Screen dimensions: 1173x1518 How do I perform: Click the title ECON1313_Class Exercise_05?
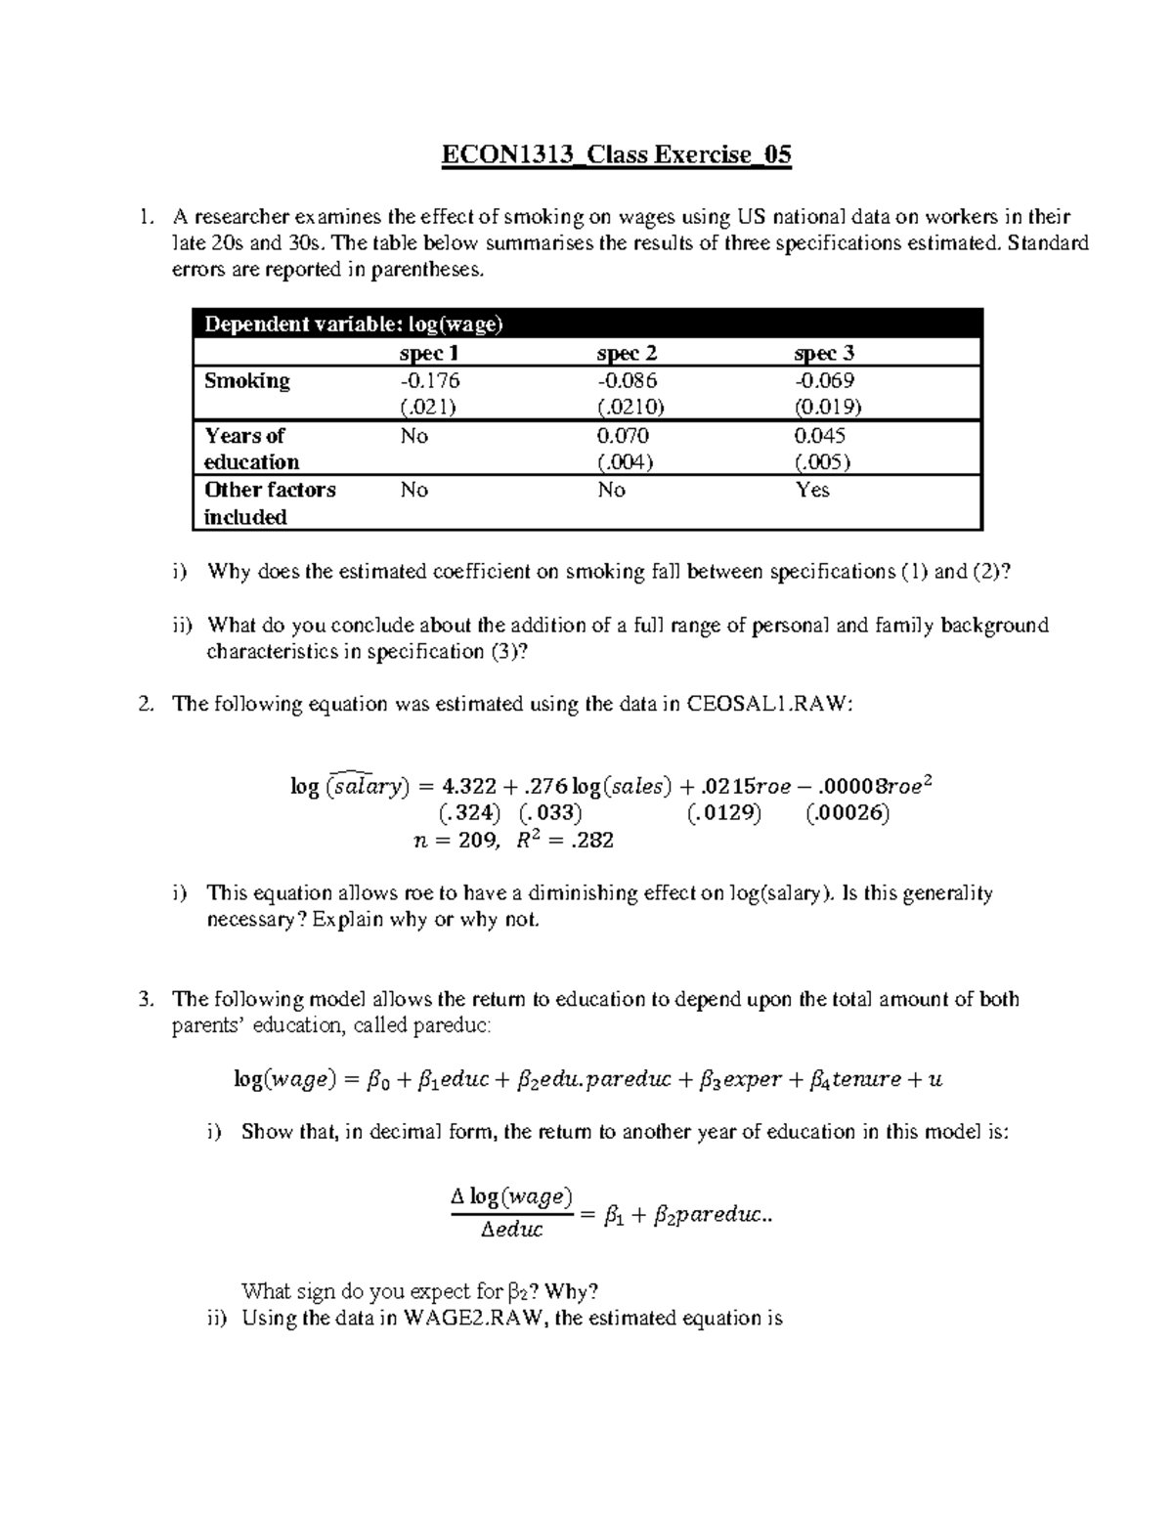click(x=616, y=155)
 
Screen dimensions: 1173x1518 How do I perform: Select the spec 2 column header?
click(x=627, y=353)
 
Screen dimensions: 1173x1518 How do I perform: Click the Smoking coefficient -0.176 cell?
click(x=430, y=380)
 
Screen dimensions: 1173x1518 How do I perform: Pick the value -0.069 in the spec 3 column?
click(x=825, y=380)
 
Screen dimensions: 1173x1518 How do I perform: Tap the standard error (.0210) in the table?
click(x=630, y=407)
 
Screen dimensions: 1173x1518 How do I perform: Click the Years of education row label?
click(x=251, y=449)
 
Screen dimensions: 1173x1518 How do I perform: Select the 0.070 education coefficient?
click(x=623, y=435)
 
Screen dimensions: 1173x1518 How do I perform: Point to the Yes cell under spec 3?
click(x=812, y=490)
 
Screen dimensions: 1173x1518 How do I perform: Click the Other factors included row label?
click(x=269, y=503)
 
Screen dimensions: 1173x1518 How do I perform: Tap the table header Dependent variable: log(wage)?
click(x=353, y=325)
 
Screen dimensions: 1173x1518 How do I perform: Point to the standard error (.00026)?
click(x=847, y=813)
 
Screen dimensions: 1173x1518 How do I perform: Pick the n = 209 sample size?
click(x=457, y=840)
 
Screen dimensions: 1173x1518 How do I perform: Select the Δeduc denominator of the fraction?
click(x=511, y=1230)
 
